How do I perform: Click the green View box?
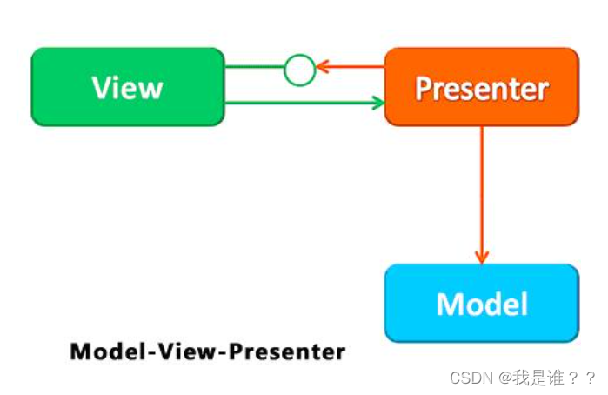coord(127,87)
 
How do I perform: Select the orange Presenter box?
coord(481,87)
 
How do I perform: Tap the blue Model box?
coord(481,303)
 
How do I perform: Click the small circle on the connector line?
coord(299,69)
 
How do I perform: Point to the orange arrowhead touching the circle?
coord(321,67)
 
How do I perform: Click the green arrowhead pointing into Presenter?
coord(377,103)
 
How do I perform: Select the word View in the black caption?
coord(183,352)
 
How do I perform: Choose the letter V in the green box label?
coord(101,88)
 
